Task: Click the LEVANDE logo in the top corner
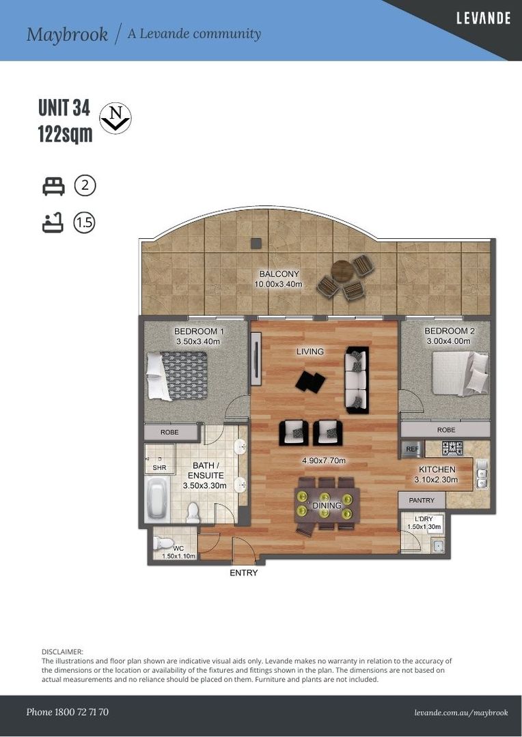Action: click(x=483, y=18)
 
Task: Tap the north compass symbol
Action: click(x=115, y=118)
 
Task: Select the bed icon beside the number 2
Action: click(x=53, y=186)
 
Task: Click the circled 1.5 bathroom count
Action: click(x=84, y=222)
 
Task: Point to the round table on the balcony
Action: click(x=342, y=271)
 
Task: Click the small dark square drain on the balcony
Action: click(x=256, y=244)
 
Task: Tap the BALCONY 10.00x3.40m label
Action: click(x=278, y=278)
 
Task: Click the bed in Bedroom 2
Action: click(x=461, y=373)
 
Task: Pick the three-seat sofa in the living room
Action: click(x=357, y=380)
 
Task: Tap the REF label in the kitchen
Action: click(x=412, y=449)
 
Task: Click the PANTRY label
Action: click(x=422, y=500)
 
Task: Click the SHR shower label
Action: click(x=160, y=468)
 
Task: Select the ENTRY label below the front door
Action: click(x=244, y=573)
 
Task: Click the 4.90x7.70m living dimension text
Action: click(x=324, y=461)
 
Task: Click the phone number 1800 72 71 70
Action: click(x=81, y=712)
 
